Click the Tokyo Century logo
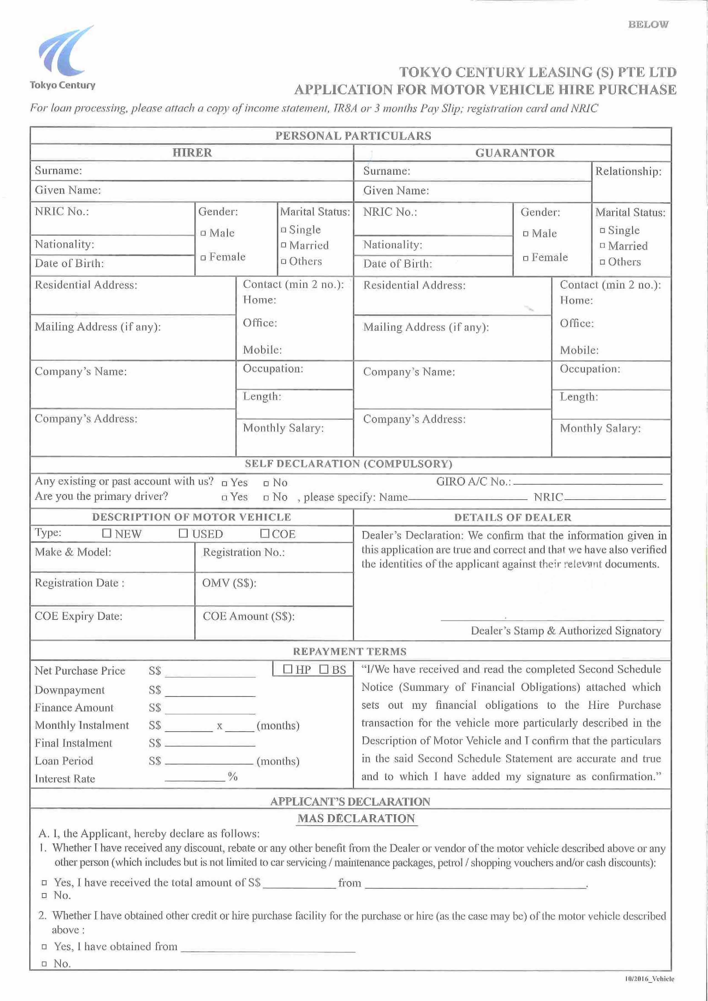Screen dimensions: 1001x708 coord(62,57)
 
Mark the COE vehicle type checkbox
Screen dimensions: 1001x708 coord(265,533)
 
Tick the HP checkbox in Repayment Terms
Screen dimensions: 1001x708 coord(288,669)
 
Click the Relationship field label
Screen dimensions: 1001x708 coord(628,171)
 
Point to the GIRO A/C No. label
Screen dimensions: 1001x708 coord(473,482)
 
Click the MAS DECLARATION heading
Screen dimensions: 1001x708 coord(356,818)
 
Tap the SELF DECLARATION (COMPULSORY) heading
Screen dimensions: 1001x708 coord(348,464)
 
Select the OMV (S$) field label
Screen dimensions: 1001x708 coord(229,583)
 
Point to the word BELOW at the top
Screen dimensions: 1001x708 coord(648,24)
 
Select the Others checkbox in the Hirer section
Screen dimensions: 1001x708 coord(284,261)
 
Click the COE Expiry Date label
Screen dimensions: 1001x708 coord(79,616)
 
